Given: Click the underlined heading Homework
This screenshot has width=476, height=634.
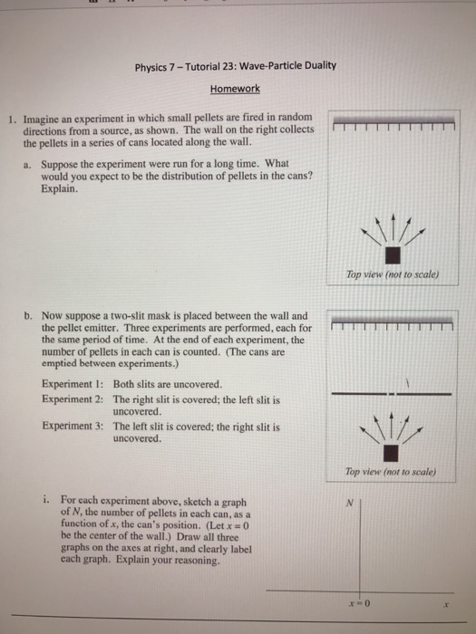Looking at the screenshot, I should pos(235,89).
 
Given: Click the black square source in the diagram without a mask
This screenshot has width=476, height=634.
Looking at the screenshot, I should pos(393,255).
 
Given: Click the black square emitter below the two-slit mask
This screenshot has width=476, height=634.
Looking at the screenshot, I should pos(393,451).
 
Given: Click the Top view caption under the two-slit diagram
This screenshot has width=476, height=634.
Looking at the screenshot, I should pos(392,472).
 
